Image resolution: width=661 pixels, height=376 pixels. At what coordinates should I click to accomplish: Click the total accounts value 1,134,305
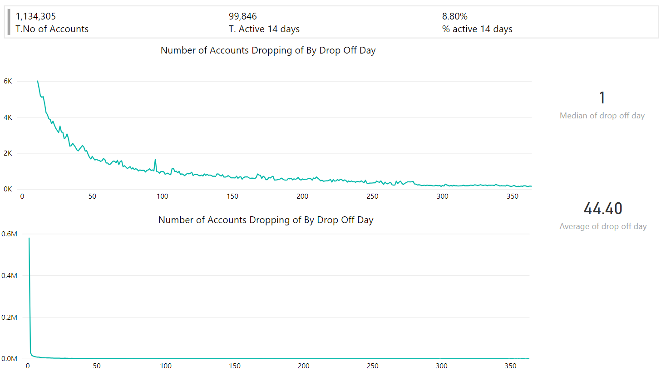[36, 17]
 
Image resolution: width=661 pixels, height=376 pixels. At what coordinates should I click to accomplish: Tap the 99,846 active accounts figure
[243, 17]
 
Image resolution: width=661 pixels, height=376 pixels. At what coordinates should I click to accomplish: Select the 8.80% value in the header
[454, 17]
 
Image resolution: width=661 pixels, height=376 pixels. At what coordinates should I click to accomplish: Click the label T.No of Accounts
[52, 29]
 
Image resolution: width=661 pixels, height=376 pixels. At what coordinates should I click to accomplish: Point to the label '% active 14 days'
[477, 29]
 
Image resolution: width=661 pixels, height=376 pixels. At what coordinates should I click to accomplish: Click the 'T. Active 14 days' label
[264, 29]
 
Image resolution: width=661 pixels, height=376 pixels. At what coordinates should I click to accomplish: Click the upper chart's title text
[268, 50]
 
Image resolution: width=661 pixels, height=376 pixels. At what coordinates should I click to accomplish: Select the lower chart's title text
[266, 220]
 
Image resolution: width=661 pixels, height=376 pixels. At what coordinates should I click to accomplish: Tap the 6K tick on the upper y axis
[8, 81]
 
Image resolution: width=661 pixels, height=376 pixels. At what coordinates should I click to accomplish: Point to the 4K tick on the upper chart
[8, 117]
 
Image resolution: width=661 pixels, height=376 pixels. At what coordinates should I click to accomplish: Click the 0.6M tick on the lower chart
[10, 234]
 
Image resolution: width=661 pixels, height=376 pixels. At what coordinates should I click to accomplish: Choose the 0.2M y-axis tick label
[10, 317]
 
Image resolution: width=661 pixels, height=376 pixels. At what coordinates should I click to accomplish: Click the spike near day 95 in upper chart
[155, 160]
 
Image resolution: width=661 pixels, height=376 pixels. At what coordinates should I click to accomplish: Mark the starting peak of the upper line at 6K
[37, 81]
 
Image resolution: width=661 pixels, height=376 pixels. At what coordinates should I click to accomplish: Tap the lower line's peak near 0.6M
[29, 238]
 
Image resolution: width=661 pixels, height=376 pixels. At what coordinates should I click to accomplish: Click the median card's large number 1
[602, 98]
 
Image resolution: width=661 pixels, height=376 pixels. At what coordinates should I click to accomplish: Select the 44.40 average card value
[602, 209]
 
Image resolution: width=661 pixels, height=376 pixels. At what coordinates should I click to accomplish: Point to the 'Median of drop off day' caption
[602, 116]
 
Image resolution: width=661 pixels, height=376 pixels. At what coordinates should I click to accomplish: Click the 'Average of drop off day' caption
[603, 226]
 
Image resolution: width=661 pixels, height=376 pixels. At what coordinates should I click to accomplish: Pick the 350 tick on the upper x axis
[512, 196]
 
